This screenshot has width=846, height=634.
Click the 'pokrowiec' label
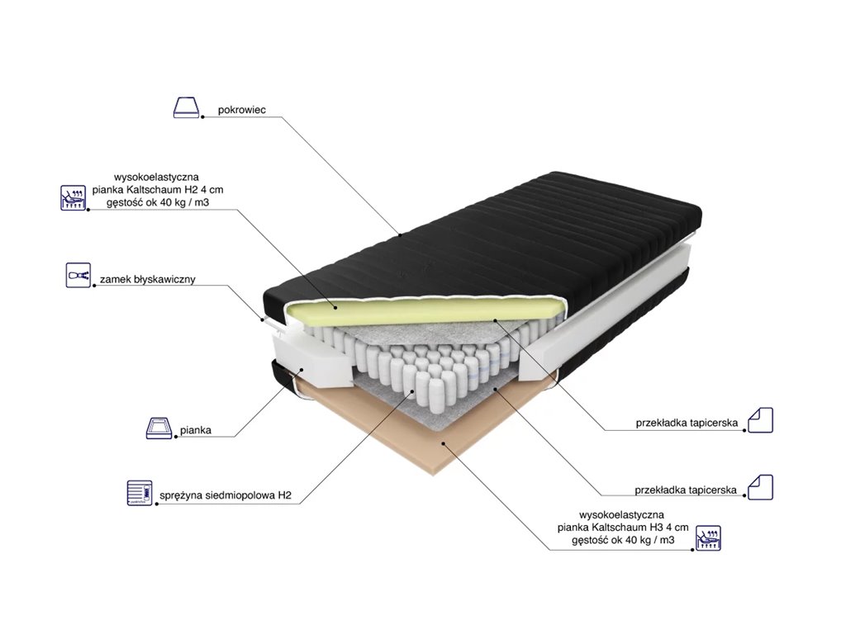(x=242, y=110)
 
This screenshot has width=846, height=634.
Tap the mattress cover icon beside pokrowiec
(x=186, y=107)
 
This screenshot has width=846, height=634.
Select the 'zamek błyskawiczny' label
(x=147, y=279)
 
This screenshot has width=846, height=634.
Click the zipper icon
(x=78, y=276)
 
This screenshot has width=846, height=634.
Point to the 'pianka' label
(x=195, y=430)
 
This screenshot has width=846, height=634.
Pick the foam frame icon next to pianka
(x=159, y=428)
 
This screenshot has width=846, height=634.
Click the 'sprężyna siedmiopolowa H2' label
(x=226, y=495)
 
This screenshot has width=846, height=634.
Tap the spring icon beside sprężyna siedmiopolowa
(x=140, y=493)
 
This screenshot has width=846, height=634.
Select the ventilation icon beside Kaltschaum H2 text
(x=73, y=197)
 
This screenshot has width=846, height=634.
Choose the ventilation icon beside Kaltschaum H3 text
(x=708, y=537)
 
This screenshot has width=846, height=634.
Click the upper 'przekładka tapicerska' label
(x=687, y=423)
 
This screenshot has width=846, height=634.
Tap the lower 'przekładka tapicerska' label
(x=685, y=490)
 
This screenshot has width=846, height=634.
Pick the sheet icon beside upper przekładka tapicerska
(x=760, y=420)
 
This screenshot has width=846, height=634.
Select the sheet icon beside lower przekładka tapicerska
(x=760, y=487)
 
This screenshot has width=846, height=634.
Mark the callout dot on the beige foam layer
(x=443, y=442)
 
